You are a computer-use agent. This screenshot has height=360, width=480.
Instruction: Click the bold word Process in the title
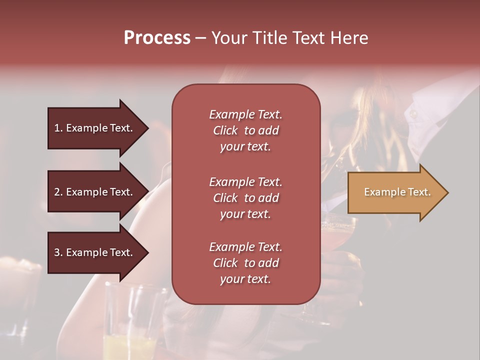tap(157, 38)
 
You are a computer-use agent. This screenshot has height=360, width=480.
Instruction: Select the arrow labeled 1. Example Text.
tap(95, 128)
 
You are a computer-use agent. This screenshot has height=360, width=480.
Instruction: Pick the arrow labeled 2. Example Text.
tap(95, 192)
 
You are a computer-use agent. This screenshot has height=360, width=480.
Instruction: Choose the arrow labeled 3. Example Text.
tap(95, 252)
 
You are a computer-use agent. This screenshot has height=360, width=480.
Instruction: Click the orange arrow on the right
tap(395, 192)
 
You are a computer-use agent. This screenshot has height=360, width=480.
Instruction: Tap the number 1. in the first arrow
tap(58, 128)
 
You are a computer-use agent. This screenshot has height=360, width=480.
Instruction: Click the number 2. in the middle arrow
tap(58, 192)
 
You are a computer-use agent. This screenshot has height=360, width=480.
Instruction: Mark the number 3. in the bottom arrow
tap(58, 252)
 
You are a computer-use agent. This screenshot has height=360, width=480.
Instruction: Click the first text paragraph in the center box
tap(245, 130)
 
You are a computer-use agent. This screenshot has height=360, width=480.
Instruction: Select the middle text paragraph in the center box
tap(245, 198)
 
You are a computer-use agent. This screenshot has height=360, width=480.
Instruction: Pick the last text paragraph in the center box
tap(245, 263)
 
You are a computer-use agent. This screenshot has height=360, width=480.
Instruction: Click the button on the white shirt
tap(413, 114)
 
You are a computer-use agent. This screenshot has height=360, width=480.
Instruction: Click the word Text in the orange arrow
tap(419, 192)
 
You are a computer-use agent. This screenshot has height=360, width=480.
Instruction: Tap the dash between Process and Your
tap(201, 38)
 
